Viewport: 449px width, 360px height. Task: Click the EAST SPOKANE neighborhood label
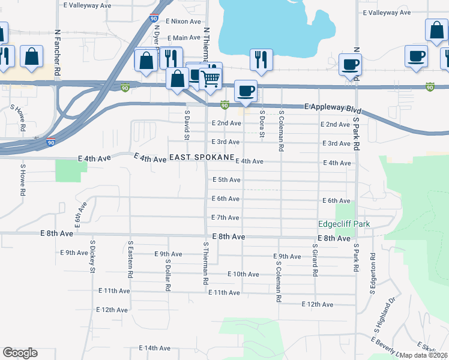coord(201,158)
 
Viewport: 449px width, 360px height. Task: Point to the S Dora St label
coord(262,124)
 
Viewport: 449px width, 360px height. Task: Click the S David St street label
coord(187,125)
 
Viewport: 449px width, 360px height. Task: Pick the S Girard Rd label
coord(315,259)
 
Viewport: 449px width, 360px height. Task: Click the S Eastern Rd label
coord(130,259)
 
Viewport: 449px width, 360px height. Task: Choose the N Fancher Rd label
coord(57,44)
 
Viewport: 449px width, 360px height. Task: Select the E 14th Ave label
coord(155,348)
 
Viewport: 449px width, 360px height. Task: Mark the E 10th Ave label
coord(243,274)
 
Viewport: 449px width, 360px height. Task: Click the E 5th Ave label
coord(226,180)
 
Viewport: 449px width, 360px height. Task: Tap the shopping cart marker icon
coord(210,77)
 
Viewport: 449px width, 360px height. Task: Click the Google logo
coord(20,353)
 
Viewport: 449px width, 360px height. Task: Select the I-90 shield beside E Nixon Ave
coord(154,19)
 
